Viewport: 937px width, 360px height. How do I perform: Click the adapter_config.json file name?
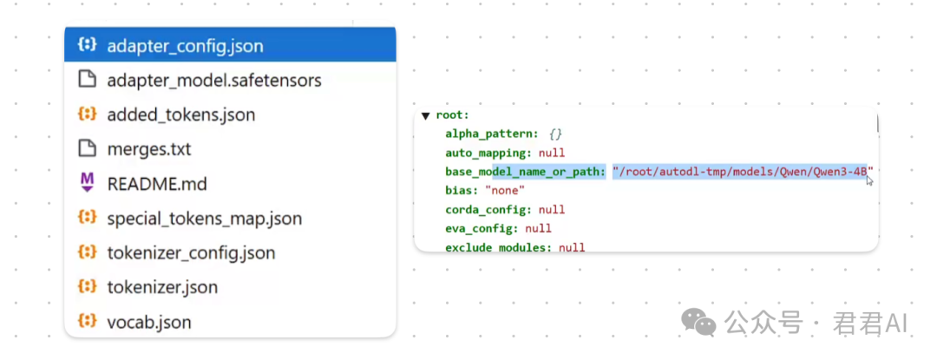coord(186,46)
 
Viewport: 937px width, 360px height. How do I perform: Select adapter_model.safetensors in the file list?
coord(214,80)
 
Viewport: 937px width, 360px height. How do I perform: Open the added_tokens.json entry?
coord(181,115)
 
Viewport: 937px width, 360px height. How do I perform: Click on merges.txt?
coord(149,148)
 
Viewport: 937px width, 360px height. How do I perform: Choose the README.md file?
coord(157,183)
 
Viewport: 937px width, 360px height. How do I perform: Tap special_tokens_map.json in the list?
coord(205,219)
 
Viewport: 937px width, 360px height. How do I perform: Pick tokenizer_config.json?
coord(191,253)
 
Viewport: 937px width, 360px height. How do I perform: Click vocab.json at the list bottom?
coord(149,323)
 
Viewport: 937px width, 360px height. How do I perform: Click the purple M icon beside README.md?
coord(88,183)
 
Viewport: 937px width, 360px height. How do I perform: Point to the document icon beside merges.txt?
coord(88,148)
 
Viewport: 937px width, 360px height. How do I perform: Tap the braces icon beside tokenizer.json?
coord(88,286)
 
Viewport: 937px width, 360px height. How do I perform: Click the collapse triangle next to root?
coord(425,116)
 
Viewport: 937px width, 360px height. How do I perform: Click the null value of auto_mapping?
coord(552,153)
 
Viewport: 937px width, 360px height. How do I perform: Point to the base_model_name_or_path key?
coord(526,172)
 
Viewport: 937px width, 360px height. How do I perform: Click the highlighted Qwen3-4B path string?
coord(743,172)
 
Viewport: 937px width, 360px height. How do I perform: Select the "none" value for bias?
coord(505,191)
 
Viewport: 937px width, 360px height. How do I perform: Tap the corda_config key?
coord(488,210)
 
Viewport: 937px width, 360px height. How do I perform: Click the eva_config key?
coord(482,228)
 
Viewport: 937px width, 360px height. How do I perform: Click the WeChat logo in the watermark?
coord(698,322)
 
